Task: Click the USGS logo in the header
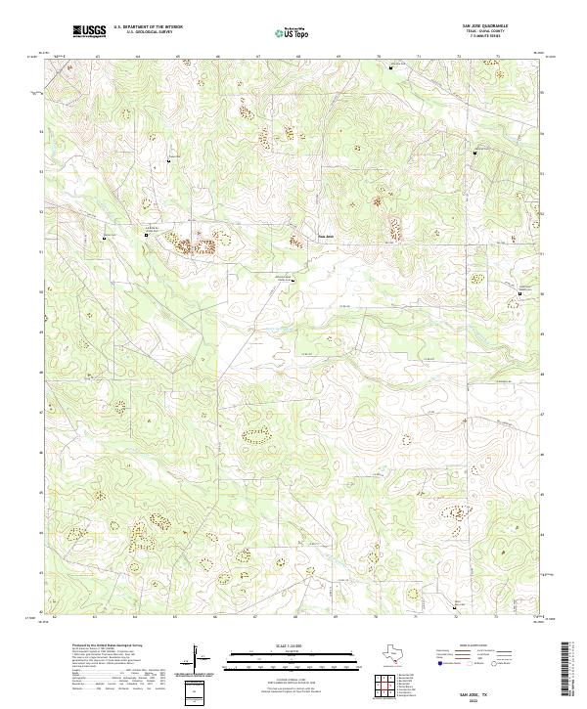tap(90, 31)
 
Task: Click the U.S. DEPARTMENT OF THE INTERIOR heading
tap(148, 26)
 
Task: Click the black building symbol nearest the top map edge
tap(393, 68)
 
